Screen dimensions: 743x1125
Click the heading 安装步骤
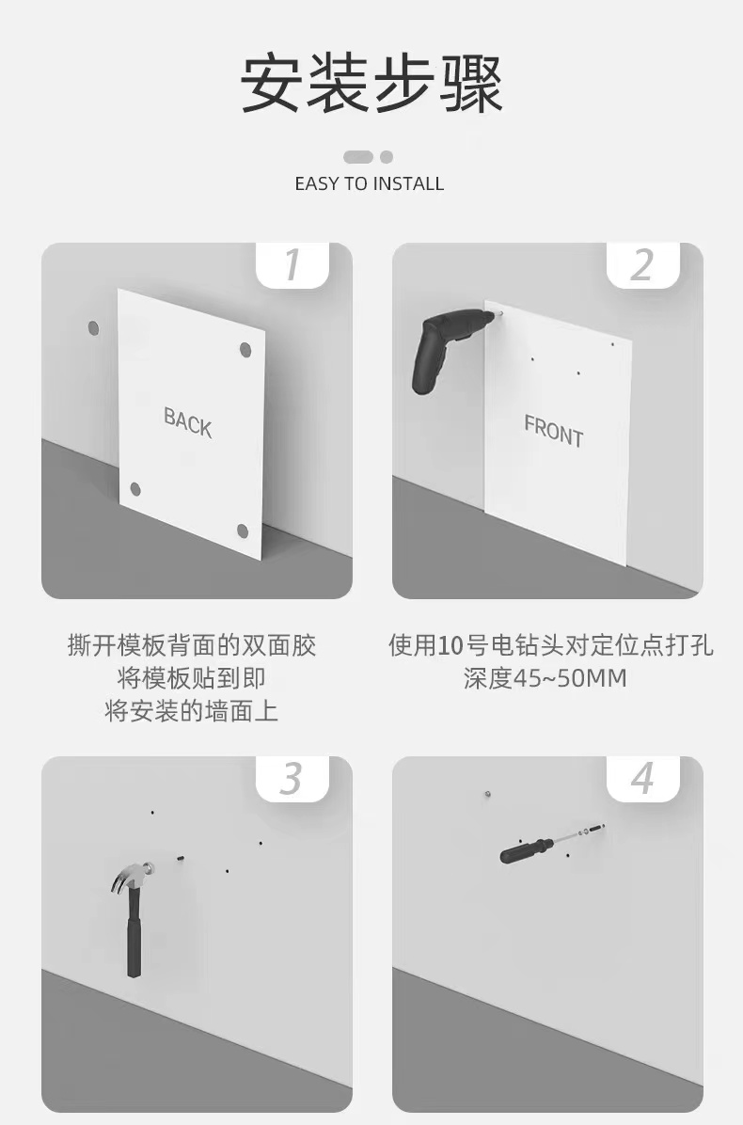(371, 84)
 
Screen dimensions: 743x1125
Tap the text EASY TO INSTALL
(370, 183)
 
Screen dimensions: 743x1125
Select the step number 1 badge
(292, 264)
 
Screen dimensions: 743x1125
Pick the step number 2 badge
(642, 264)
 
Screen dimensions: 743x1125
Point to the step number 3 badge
(292, 779)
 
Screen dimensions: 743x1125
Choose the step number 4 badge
(642, 779)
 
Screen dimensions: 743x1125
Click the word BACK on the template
(188, 421)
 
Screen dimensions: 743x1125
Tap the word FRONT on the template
(554, 431)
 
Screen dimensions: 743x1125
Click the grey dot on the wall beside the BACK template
(93, 328)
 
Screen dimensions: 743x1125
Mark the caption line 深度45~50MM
(545, 678)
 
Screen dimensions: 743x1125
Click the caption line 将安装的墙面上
(192, 711)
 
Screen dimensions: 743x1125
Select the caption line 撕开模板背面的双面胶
(192, 645)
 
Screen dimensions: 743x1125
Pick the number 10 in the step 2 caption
(451, 645)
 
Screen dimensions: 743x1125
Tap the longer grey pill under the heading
(358, 156)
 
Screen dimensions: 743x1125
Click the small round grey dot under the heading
(387, 156)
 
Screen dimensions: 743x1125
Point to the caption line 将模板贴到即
(192, 678)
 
